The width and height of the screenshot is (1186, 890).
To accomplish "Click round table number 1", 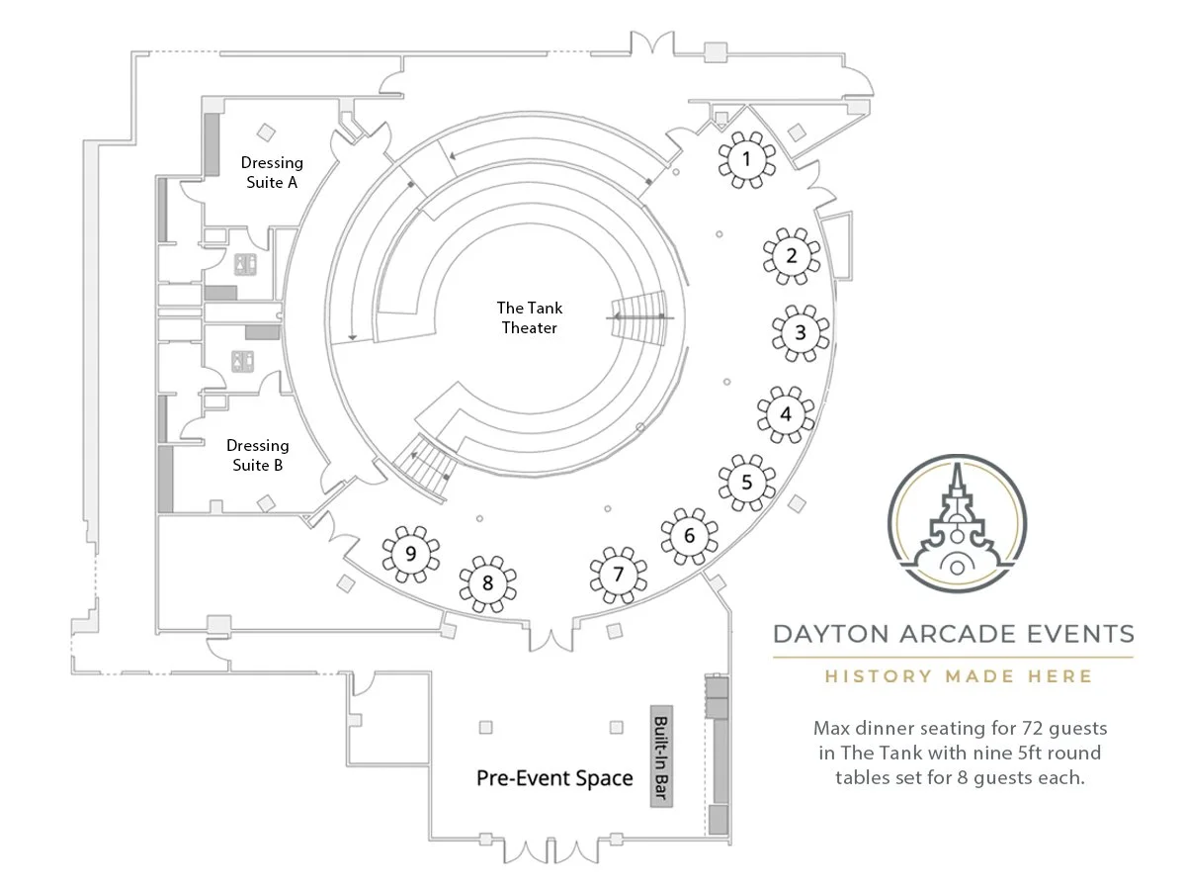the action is click(746, 158).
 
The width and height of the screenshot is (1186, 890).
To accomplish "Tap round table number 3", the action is click(800, 333).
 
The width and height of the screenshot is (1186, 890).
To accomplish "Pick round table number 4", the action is click(786, 413).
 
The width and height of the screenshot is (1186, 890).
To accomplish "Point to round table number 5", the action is click(746, 483).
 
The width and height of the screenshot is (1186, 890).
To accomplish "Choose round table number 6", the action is click(689, 537).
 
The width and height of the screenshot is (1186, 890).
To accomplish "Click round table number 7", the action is click(619, 574).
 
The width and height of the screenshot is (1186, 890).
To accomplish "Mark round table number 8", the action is click(487, 582).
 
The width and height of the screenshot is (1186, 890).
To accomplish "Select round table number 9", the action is click(410, 553).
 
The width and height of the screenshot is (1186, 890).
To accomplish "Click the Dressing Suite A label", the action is click(272, 172).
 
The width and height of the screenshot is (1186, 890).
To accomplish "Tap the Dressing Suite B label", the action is click(258, 455).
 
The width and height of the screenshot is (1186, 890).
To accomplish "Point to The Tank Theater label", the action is click(530, 317).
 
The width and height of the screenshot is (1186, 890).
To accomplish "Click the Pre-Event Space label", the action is click(554, 778).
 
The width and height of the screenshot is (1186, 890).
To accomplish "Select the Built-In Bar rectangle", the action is click(660, 757).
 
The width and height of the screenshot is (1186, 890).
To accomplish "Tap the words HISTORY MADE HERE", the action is click(959, 676).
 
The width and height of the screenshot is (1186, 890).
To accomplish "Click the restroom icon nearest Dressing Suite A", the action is click(245, 263).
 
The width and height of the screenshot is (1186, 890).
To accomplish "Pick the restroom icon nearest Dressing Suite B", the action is click(242, 362).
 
